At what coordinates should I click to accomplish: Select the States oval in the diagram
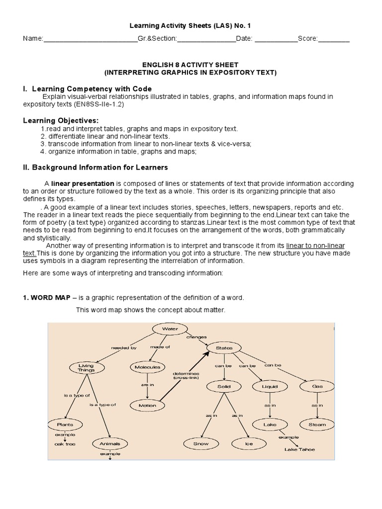click(x=224, y=348)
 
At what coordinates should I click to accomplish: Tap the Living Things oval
click(x=86, y=368)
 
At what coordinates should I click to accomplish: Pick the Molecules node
click(x=147, y=367)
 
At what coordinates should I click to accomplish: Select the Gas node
click(x=317, y=386)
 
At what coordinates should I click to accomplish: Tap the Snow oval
click(x=201, y=443)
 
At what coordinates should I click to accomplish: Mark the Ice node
click(x=248, y=443)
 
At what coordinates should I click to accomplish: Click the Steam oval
click(x=317, y=424)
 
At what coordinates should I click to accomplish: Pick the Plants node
click(x=65, y=424)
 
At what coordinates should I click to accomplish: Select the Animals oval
click(x=109, y=443)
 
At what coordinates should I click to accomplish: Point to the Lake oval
click(x=269, y=424)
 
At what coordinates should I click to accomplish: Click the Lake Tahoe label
click(x=299, y=449)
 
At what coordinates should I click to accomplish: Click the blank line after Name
click(x=91, y=40)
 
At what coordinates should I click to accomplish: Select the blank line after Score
click(x=333, y=40)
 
